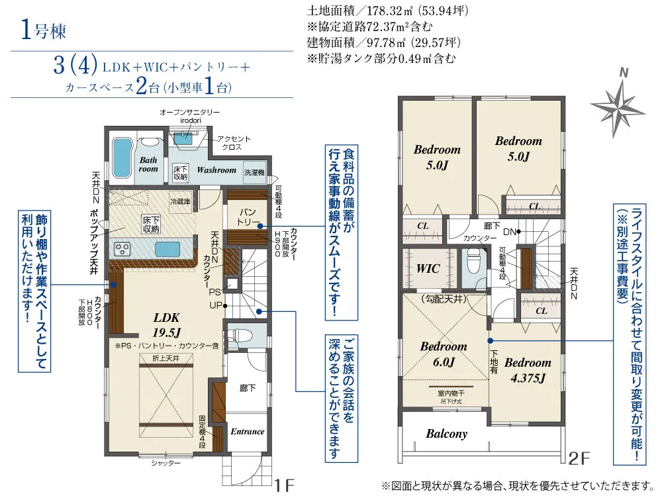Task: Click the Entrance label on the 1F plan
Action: click(x=247, y=431)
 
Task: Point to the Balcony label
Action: click(x=446, y=434)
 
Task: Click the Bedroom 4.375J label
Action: click(x=527, y=370)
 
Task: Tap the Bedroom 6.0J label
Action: click(x=443, y=354)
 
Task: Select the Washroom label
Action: click(x=216, y=170)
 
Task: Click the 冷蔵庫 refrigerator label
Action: click(x=180, y=201)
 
